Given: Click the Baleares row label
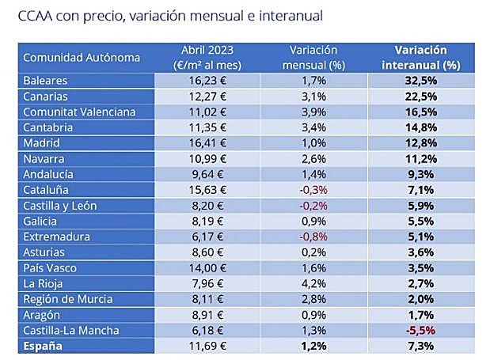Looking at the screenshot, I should [45, 81].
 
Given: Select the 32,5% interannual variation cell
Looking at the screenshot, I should [421, 81].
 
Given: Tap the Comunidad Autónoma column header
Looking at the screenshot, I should [82, 57].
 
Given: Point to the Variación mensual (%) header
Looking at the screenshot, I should [315, 57].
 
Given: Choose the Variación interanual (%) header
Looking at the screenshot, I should [421, 57].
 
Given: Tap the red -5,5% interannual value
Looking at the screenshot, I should [421, 331].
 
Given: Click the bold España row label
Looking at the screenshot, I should [43, 347].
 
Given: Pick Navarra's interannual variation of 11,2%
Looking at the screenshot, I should [421, 159].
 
